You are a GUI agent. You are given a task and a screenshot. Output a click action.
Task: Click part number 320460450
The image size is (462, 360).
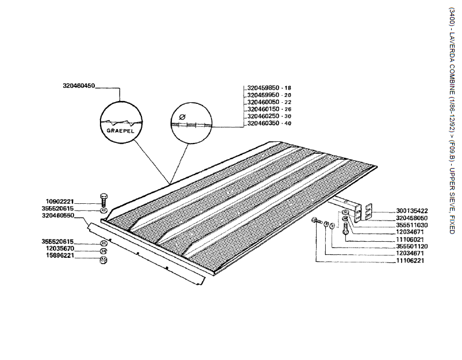pyautogui.click(x=79, y=86)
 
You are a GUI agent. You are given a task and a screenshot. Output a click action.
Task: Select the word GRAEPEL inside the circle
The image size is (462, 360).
pyautogui.click(x=120, y=131)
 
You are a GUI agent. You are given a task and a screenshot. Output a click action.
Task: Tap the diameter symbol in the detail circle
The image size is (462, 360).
pyautogui.click(x=182, y=117)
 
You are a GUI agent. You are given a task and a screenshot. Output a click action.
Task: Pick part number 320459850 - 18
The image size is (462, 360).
pyautogui.click(x=269, y=88)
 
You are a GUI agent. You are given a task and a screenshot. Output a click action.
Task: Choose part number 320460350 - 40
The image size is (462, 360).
pyautogui.click(x=269, y=123)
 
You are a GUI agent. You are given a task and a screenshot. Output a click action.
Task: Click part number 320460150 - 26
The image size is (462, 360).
pyautogui.click(x=269, y=109)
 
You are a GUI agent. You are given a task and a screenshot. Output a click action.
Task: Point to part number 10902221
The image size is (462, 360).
pyautogui.click(x=60, y=202)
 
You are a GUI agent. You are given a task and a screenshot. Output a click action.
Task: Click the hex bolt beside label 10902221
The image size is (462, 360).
pyautogui.click(x=103, y=200)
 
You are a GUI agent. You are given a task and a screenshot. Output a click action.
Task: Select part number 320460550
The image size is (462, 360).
pyautogui.click(x=58, y=215)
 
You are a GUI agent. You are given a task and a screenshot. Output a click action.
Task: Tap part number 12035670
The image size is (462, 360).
pyautogui.click(x=60, y=249)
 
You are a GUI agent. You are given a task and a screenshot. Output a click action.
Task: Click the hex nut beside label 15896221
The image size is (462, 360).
pyautogui.click(x=103, y=260)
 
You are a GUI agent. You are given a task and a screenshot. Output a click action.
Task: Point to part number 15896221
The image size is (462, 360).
pyautogui.click(x=60, y=256)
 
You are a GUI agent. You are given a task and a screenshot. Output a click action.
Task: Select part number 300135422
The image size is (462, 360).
pyautogui.click(x=412, y=211)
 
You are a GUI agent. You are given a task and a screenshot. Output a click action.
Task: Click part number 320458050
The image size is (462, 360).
pyautogui.click(x=412, y=218)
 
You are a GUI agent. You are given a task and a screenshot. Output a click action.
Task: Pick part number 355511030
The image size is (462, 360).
pyautogui.click(x=412, y=225)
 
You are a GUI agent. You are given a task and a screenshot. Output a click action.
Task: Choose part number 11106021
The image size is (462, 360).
pyautogui.click(x=410, y=239)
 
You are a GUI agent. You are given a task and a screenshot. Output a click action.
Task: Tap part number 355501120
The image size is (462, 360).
pyautogui.click(x=412, y=246)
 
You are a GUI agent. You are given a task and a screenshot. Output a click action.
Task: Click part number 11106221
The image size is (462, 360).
pyautogui.click(x=410, y=261)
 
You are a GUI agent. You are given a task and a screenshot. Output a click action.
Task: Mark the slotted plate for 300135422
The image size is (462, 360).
pyautogui.click(x=368, y=212)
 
